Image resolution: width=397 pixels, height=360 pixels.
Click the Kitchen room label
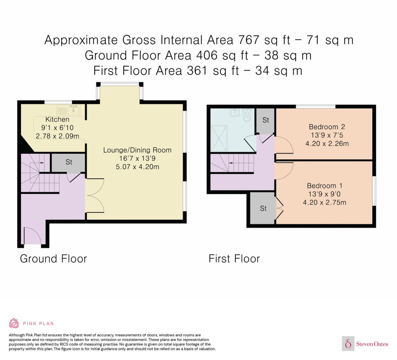(57, 119)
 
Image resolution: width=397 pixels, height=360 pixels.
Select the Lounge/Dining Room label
(137, 150)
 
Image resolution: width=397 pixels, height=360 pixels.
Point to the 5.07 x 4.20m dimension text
(137, 167)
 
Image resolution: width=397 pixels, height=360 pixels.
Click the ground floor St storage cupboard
(68, 163)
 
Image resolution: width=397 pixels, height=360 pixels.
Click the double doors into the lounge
(95, 196)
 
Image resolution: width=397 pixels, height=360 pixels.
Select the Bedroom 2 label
(327, 127)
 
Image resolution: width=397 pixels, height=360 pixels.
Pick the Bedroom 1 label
(325, 186)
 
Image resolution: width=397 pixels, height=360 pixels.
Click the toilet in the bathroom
(247, 115)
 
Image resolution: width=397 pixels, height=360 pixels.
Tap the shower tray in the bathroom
(219, 139)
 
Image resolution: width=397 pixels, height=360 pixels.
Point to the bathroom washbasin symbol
(235, 112)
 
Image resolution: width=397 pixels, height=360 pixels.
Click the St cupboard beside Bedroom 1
(263, 208)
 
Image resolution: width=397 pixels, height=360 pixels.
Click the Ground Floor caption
(53, 259)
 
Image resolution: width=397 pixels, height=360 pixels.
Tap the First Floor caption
(234, 259)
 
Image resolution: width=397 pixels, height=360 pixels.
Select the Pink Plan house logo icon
(14, 323)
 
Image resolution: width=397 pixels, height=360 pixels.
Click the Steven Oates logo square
(348, 344)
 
